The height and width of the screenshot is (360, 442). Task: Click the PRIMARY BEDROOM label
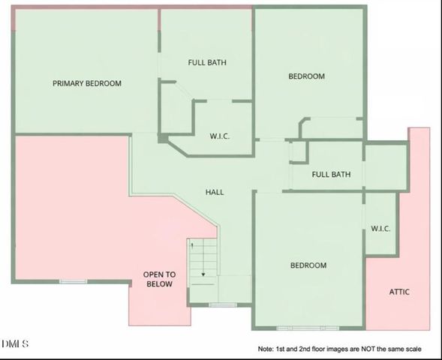pos(86,83)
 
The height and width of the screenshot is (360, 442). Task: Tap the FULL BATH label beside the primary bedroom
pos(207,62)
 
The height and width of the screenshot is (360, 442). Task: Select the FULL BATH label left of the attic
pos(331,175)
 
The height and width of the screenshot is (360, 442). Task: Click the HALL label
pos(215,192)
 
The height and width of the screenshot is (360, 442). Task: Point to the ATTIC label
pos(399,292)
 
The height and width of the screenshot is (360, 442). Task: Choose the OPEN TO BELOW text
pos(158,279)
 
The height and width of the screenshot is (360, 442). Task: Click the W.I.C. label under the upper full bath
pos(219,136)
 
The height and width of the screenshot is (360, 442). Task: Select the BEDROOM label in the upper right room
pos(307,76)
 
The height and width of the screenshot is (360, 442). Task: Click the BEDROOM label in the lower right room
pos(308,265)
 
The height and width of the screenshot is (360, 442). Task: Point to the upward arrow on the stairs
pos(192,244)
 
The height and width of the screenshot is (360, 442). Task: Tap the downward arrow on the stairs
pos(202,274)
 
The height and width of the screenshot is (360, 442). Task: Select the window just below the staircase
pos(223,305)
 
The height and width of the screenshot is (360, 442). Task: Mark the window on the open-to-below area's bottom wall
pos(73,281)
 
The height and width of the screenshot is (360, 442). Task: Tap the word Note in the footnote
pos(266,349)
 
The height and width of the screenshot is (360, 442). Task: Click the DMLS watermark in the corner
pos(15,344)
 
